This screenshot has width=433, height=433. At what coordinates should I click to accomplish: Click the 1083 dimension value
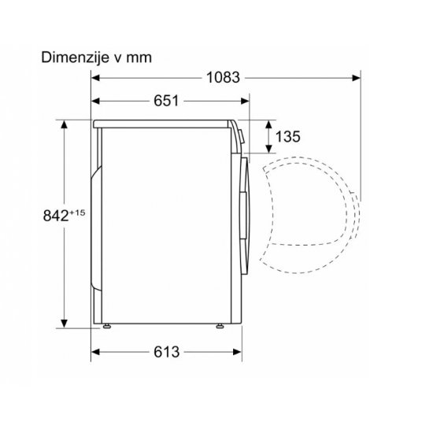[223, 78]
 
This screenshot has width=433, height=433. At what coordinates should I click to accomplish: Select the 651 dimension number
[166, 101]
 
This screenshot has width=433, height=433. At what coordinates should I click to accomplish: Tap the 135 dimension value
[287, 136]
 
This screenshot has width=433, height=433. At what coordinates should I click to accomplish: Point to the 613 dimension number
[167, 352]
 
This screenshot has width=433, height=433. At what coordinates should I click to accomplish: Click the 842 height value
[56, 216]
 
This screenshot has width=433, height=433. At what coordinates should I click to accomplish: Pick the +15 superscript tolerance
[77, 213]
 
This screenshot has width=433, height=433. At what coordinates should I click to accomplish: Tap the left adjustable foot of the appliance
[106, 326]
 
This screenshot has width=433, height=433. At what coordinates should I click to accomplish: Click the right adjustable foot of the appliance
[220, 326]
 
